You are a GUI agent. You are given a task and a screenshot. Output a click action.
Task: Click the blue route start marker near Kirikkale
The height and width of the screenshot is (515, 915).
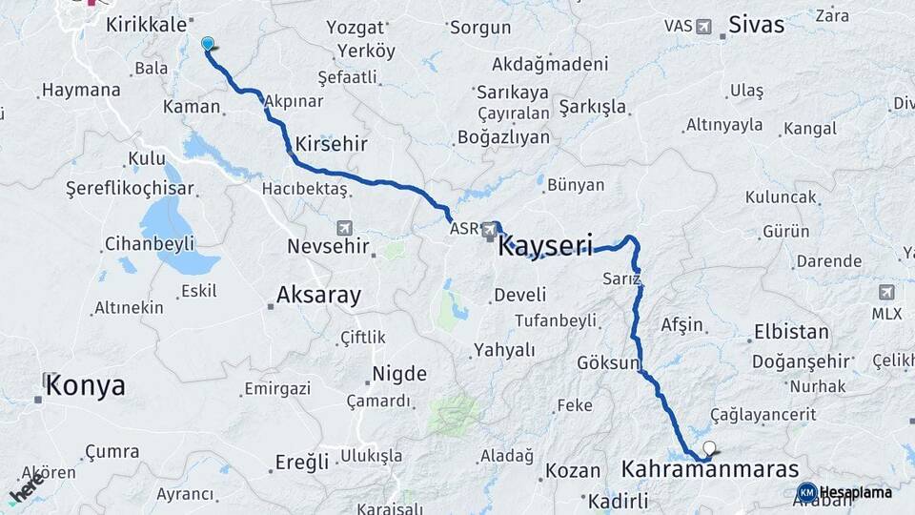click(x=208, y=43)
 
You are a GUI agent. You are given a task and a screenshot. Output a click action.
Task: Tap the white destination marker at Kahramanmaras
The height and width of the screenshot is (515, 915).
click(x=708, y=447)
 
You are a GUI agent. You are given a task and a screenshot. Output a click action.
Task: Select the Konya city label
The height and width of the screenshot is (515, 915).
click(x=86, y=386)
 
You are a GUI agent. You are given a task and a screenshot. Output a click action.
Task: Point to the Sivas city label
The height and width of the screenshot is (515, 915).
click(x=756, y=25)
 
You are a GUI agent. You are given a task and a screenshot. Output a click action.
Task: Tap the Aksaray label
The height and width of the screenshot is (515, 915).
click(x=318, y=296)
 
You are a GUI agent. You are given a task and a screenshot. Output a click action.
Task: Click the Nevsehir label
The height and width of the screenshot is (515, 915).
click(x=328, y=247)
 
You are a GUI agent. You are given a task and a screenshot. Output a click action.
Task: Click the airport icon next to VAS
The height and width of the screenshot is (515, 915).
click(x=703, y=26)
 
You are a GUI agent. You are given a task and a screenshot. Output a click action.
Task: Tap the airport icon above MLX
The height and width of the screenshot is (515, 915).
click(x=886, y=292)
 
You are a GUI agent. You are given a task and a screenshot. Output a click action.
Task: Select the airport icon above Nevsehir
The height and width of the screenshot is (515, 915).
click(x=344, y=228)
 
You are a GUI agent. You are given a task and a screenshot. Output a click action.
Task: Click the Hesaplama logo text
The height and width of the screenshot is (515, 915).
click(x=855, y=493)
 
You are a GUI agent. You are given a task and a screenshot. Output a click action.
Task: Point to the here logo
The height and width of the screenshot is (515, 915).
click(x=27, y=487)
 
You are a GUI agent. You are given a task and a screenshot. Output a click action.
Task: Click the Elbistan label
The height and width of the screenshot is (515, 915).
click(x=791, y=333)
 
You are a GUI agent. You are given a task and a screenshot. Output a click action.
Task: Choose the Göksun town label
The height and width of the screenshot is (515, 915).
click(x=607, y=363)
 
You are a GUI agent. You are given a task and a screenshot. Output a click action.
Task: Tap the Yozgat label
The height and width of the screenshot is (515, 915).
click(x=355, y=28)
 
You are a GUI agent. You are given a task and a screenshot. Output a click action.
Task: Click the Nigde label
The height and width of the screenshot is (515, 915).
click(x=398, y=374)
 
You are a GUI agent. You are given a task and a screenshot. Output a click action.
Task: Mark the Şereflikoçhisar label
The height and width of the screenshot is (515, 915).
click(x=130, y=189)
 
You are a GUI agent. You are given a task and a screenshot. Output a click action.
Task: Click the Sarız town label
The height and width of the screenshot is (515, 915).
click(x=621, y=278)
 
